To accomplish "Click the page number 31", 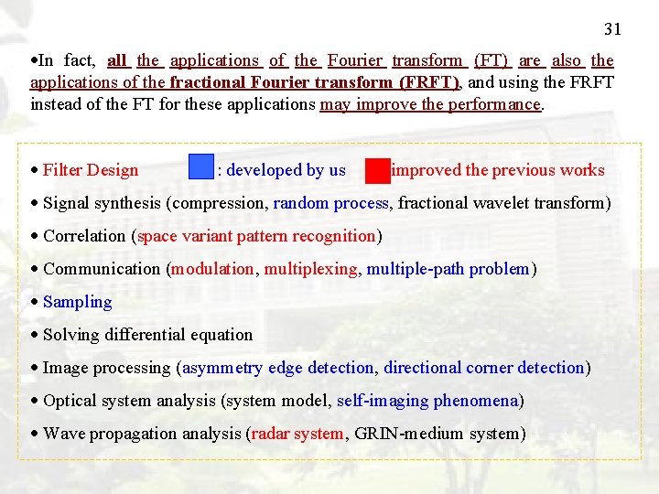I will click(612, 29).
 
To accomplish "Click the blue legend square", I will click(200, 167).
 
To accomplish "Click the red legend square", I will click(377, 170).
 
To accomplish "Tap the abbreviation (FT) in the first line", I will click(492, 60).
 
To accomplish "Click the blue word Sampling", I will click(78, 302).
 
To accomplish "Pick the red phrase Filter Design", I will click(91, 170).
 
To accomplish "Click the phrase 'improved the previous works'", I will click(498, 170).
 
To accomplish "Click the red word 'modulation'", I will click(213, 269).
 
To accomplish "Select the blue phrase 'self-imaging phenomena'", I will click(427, 401).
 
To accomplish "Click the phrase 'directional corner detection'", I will click(484, 368).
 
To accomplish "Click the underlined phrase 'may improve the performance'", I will click(430, 104).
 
